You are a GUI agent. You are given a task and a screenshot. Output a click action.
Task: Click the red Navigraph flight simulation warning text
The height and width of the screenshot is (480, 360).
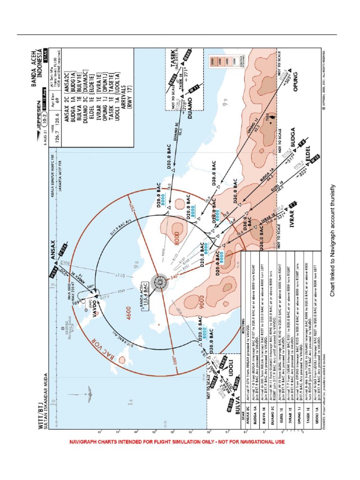click(177, 442)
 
